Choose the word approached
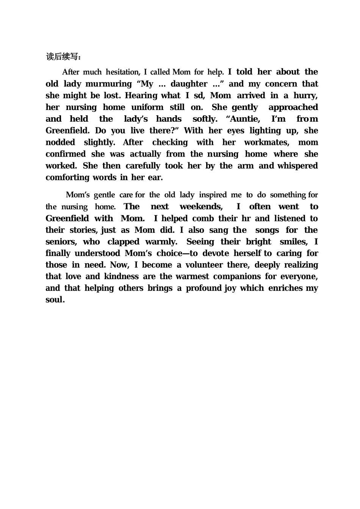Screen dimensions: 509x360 click(293, 107)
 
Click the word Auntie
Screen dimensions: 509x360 click(243, 119)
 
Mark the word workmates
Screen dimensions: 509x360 click(267, 143)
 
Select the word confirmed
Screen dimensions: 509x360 click(66, 154)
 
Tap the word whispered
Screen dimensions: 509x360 click(297, 166)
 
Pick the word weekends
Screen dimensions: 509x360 click(201, 207)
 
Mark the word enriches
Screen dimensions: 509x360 click(286, 289)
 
